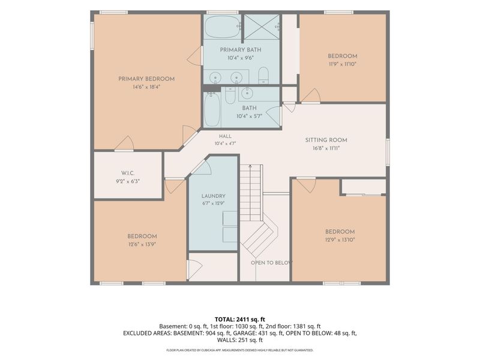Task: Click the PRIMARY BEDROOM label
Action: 146,79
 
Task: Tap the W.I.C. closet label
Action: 128,173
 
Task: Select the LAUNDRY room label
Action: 214,196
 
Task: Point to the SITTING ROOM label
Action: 326,140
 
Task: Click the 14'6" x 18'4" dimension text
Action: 146,87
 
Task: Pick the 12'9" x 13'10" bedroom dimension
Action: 340,239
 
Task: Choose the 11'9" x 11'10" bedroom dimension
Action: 343,64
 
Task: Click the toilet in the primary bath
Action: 263,76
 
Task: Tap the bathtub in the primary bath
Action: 223,26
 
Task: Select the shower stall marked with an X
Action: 262,27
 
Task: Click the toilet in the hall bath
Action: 230,95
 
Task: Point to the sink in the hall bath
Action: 246,92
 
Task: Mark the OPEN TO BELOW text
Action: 272,263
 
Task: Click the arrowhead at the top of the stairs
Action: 250,166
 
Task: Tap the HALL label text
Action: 225,136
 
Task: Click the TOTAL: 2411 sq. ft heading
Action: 239,320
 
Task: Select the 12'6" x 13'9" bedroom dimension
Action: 142,244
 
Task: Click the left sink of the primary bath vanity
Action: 215,77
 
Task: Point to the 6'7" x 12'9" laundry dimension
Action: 214,203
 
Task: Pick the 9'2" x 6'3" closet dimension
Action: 128,181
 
